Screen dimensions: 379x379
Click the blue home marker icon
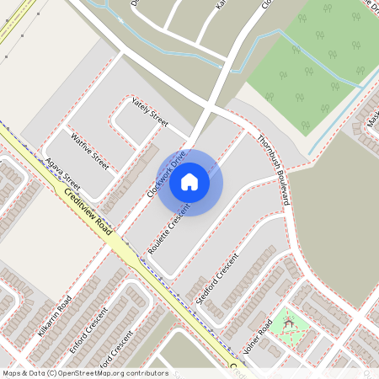point(189,181)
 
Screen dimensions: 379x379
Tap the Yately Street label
point(150,112)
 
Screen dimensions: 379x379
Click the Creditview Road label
point(88,211)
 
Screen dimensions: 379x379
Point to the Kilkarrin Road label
point(55,312)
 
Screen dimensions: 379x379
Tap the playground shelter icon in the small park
point(289,322)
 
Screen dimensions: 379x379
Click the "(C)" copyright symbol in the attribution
point(51,373)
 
